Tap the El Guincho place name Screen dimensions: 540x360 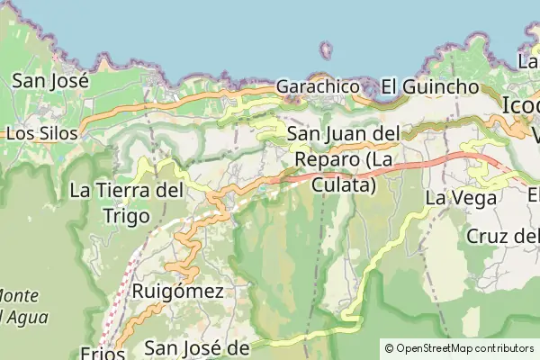click(428, 87)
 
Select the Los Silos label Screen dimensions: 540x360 click(41, 132)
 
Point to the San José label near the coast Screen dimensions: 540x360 click(49, 80)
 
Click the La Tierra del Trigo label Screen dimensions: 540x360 click(126, 191)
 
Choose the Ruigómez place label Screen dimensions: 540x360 click(177, 291)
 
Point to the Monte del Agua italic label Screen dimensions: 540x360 click(22, 306)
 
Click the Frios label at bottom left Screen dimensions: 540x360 click(101, 353)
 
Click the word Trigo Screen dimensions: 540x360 click(126, 215)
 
